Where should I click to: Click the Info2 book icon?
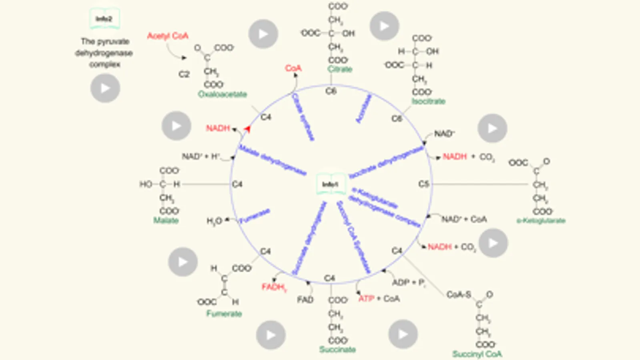(x=104, y=19)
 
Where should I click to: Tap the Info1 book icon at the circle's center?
(x=331, y=184)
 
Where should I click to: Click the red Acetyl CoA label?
(x=167, y=36)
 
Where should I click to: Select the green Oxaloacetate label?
(x=222, y=94)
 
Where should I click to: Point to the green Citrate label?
(x=340, y=69)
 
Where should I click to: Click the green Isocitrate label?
(x=428, y=101)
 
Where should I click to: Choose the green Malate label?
(x=166, y=220)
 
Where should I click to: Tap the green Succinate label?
(x=337, y=349)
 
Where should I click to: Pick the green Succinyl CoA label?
(x=477, y=354)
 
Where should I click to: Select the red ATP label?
(x=366, y=299)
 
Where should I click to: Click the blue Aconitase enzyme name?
(x=363, y=108)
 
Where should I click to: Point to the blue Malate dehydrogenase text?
(x=273, y=160)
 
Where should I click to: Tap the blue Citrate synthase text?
(x=303, y=116)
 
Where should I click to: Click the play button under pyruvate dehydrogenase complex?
(x=105, y=88)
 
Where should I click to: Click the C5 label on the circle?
(x=423, y=184)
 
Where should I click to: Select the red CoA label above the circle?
(x=293, y=68)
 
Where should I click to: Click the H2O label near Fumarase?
(x=214, y=221)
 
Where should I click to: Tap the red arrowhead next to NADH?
(x=247, y=129)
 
